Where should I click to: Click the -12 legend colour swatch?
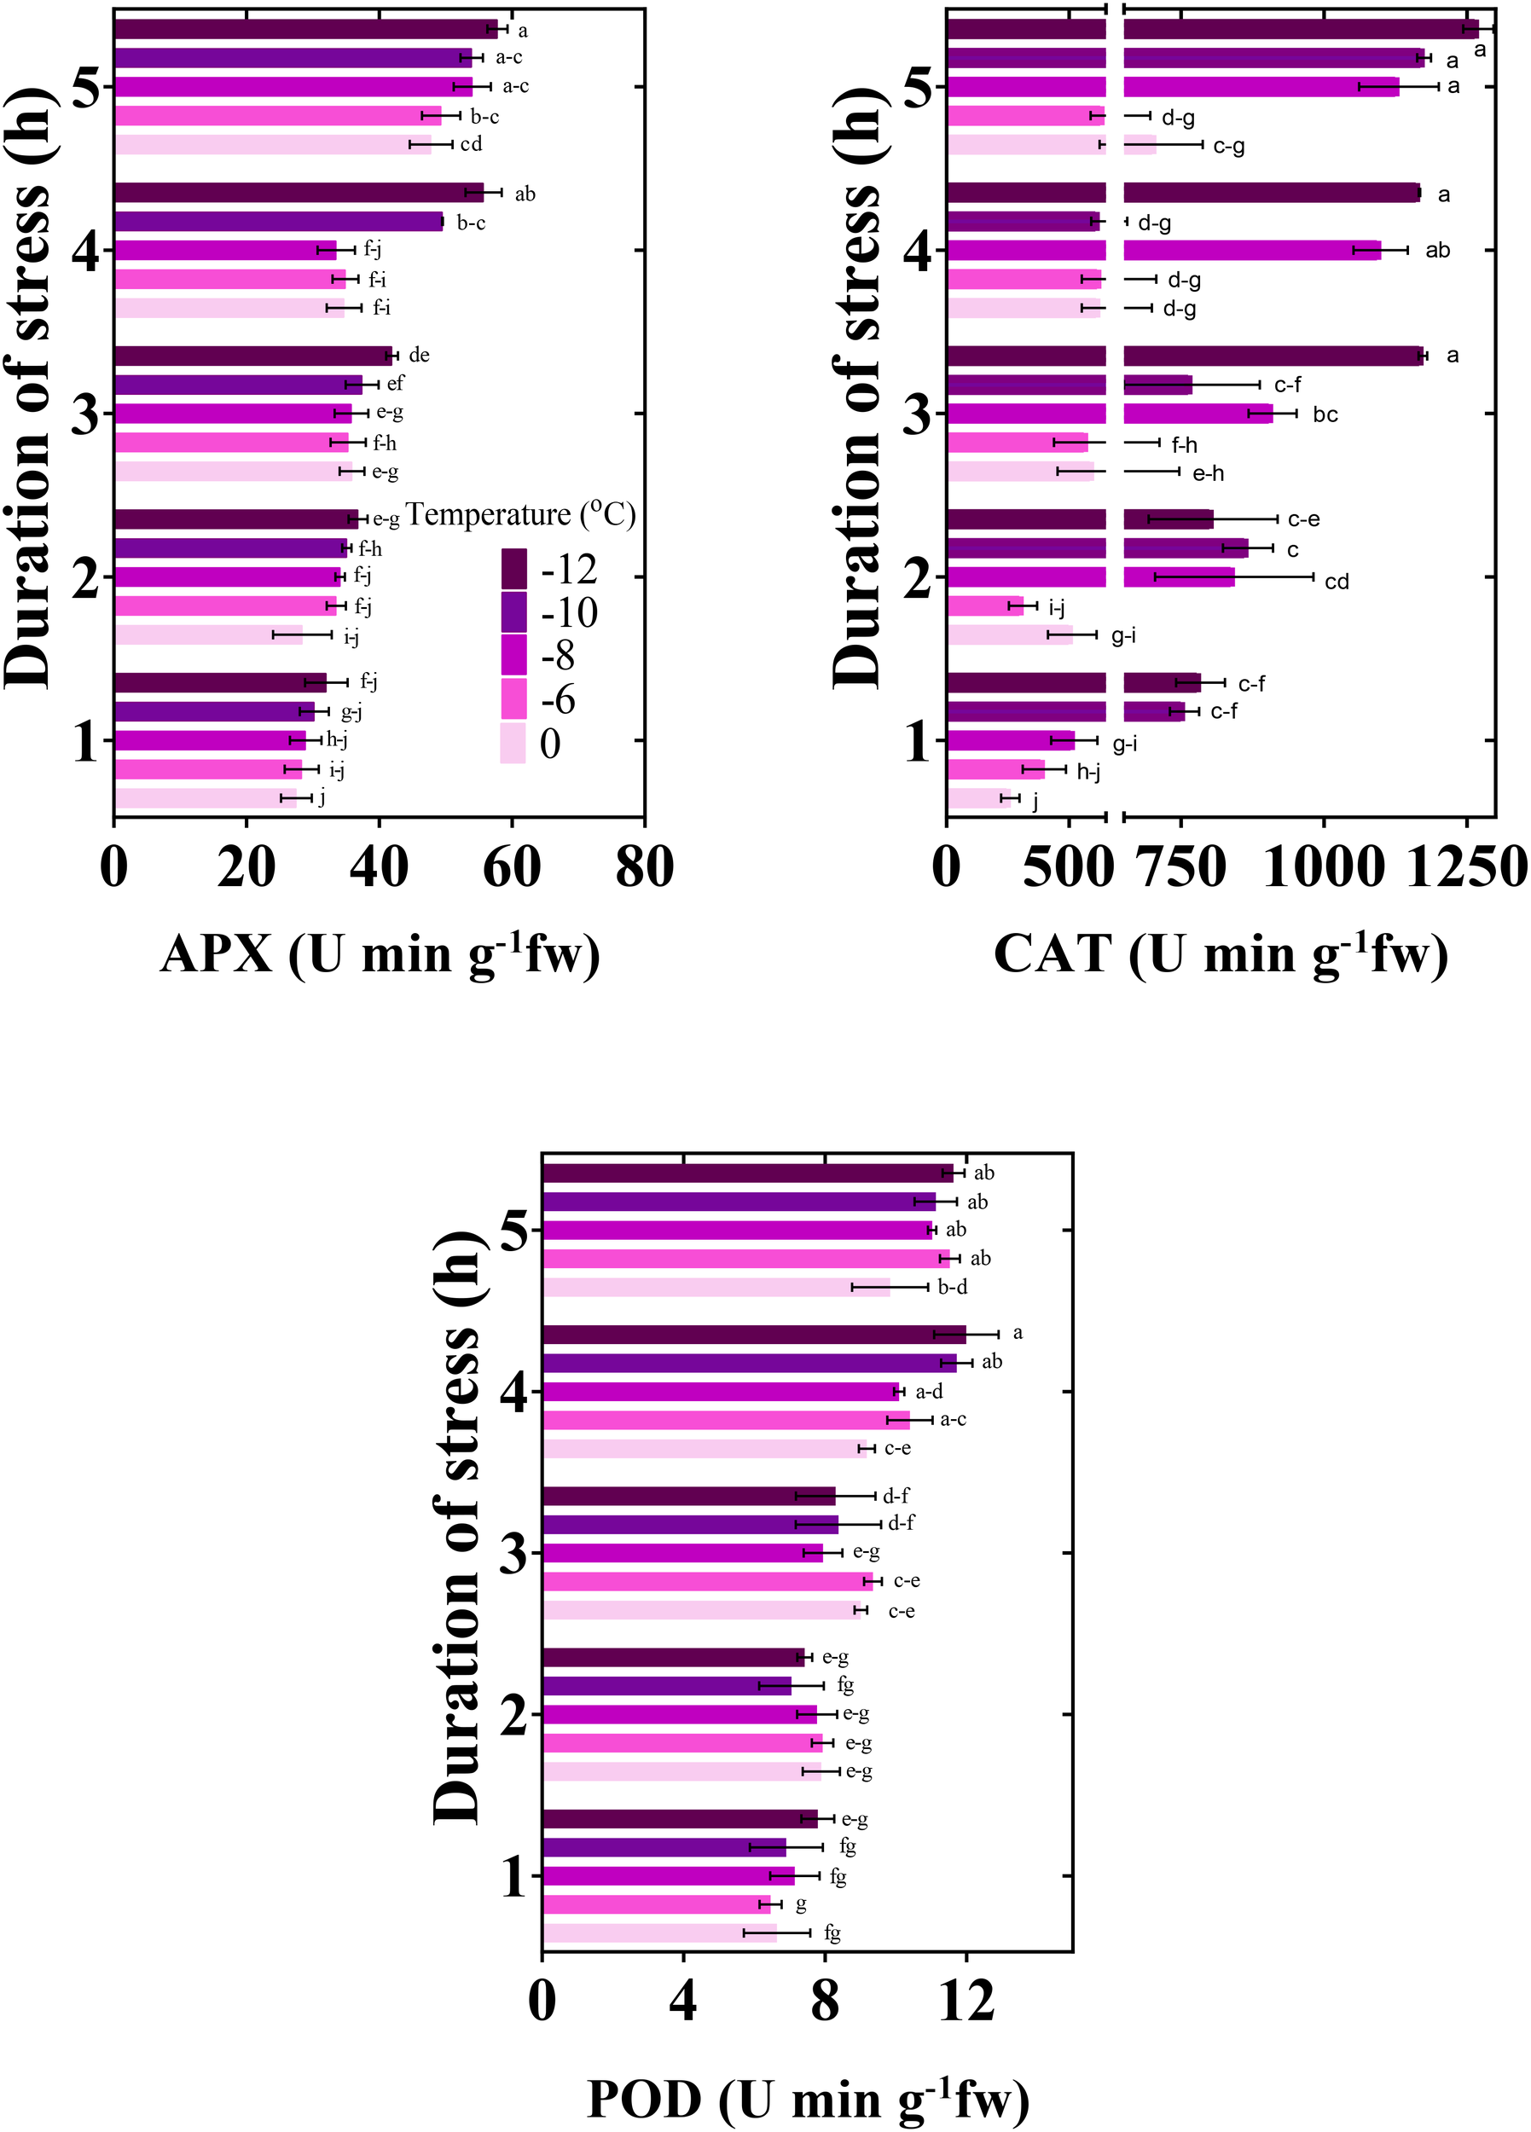pos(513,568)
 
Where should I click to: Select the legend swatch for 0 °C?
pos(513,744)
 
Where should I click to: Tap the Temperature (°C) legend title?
pos(520,515)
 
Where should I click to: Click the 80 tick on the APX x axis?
pos(644,866)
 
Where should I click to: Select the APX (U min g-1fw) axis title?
pos(380,956)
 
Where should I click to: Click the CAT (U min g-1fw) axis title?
pos(1220,956)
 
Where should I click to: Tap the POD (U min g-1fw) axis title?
pos(808,2099)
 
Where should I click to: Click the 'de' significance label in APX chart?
pos(420,356)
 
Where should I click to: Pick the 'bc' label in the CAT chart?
pos(1325,414)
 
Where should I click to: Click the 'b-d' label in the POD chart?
pos(953,1287)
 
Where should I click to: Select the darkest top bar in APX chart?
pos(304,29)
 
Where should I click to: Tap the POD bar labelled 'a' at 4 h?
pos(753,1334)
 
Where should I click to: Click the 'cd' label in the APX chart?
pos(471,144)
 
